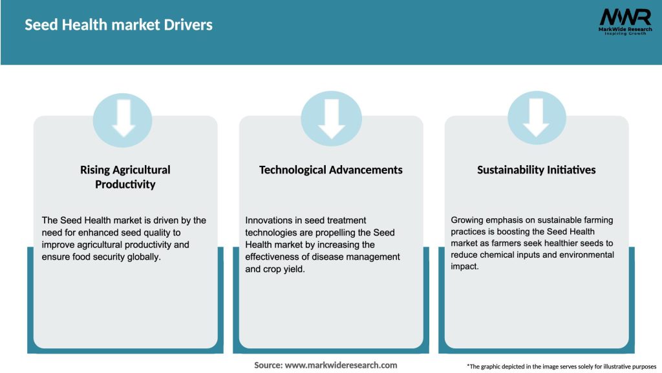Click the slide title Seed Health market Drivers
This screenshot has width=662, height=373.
point(118,25)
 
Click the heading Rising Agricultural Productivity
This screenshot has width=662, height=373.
point(125,177)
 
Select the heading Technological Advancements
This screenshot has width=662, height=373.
point(330,170)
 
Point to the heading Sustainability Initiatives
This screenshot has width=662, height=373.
point(536,170)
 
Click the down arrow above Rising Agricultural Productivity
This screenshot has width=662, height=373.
point(123,119)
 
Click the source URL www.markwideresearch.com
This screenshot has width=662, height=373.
point(341,365)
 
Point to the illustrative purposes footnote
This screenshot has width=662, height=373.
point(561,367)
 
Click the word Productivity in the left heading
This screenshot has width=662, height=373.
point(125,185)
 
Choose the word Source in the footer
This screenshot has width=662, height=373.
point(268,365)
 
